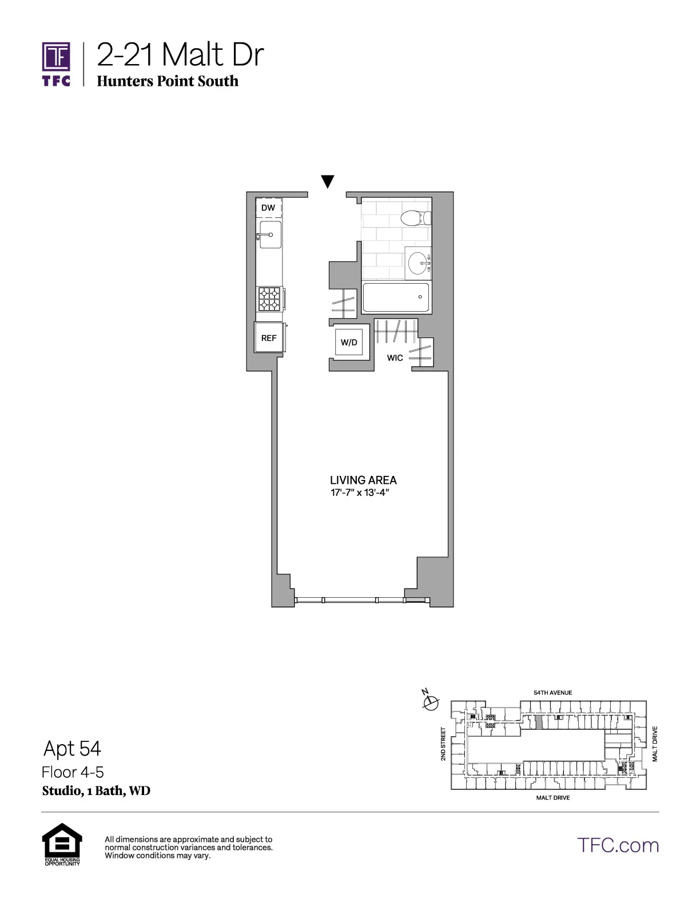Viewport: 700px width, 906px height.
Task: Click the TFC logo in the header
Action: [56, 63]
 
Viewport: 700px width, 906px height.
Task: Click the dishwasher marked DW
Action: [268, 209]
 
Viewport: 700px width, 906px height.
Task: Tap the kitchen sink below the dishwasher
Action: [270, 235]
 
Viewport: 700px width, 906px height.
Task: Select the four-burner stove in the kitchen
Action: [269, 299]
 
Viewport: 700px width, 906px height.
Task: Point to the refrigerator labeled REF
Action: [269, 338]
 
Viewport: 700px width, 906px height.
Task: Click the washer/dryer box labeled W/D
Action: [349, 343]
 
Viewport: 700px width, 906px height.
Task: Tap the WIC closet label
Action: [395, 358]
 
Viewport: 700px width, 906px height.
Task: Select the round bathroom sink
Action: [418, 263]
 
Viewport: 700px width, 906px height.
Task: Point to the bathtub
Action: [396, 297]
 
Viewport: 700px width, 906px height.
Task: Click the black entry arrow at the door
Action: [327, 182]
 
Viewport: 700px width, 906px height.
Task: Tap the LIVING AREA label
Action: [363, 480]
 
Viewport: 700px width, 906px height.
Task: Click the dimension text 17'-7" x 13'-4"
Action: [360, 493]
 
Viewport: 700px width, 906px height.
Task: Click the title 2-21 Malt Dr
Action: [180, 55]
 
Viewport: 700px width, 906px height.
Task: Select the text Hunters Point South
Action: [168, 81]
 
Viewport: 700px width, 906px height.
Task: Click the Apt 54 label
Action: [72, 748]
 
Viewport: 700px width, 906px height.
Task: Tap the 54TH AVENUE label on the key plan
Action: [552, 693]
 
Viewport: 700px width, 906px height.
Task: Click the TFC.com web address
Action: [618, 845]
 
